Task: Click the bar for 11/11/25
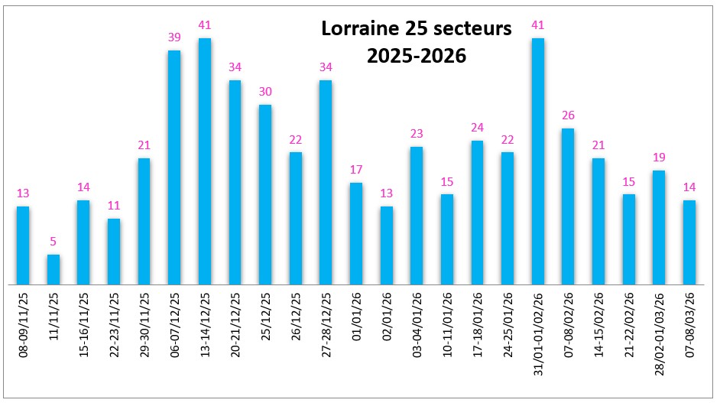point(53,269)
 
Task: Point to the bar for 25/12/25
point(265,194)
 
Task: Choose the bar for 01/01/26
point(356,233)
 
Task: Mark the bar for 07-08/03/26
point(689,242)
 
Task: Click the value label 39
point(174,37)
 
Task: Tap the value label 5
point(53,242)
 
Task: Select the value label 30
point(265,92)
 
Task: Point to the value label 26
point(568,115)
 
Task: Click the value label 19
point(659,158)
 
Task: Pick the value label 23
point(417,134)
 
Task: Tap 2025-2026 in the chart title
point(416,57)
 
